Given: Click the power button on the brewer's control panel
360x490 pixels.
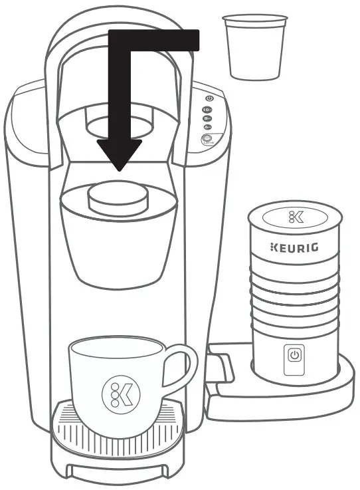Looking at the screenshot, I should point(209,98).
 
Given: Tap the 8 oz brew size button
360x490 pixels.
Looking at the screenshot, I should point(207,117).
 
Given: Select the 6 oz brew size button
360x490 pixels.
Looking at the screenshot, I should point(207,126).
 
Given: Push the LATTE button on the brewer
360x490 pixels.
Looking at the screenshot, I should point(207,140).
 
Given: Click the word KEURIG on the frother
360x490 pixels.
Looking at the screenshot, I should point(293,248).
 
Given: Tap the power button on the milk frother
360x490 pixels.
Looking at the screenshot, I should point(294,356).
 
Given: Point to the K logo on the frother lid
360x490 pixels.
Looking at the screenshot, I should point(293,217).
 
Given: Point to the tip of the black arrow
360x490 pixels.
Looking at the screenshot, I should point(119,169).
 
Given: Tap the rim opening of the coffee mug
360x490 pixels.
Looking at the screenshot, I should point(116,346).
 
